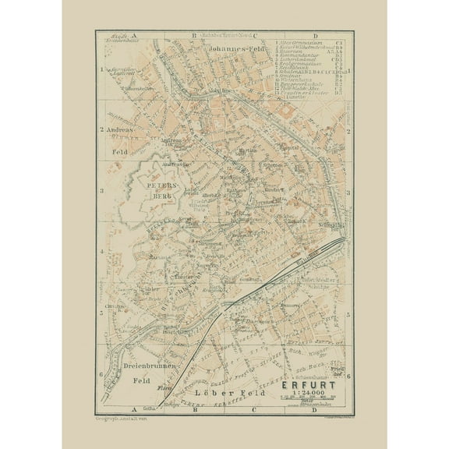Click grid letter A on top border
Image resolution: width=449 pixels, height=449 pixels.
click(x=134, y=36)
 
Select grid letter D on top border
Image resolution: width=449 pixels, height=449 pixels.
click(x=315, y=36)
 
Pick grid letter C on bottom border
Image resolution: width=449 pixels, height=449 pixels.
click(x=253, y=408)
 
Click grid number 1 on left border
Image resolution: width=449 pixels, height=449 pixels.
click(x=101, y=69)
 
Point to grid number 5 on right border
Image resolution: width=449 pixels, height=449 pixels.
click(x=348, y=313)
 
